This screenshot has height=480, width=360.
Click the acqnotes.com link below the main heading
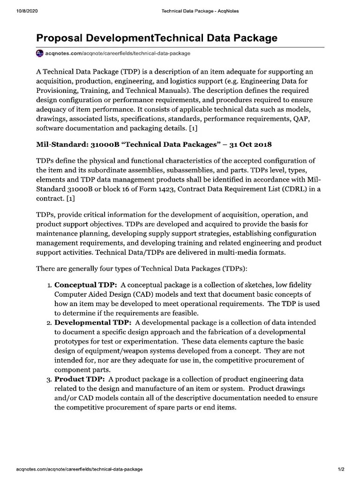coord(118,53)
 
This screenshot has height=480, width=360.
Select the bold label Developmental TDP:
coord(93,322)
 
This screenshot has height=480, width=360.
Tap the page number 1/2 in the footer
coord(341,469)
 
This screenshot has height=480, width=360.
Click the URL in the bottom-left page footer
coord(79,469)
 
